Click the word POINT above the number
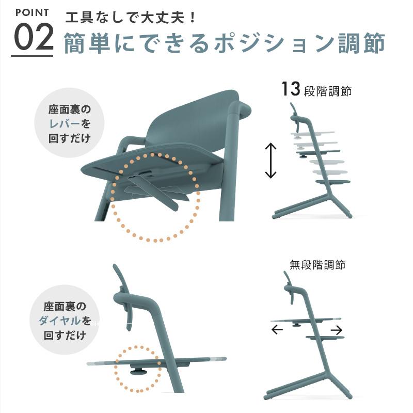pos(31,12)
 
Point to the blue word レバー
pos(65,124)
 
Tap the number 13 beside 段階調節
pos(291,89)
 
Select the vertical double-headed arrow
pos(271,161)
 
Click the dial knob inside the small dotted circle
pos(138,371)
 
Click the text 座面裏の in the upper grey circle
pos(70,110)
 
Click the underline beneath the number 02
pos(33,55)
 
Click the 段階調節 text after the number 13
pos(328,91)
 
